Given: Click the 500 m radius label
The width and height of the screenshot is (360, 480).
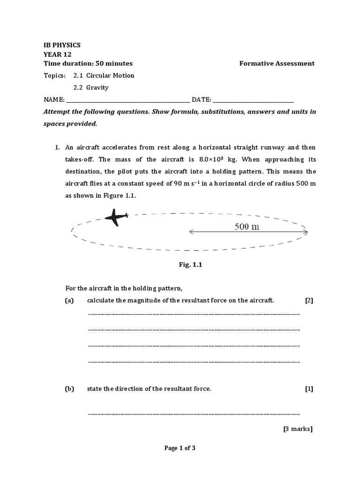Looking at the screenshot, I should click(x=247, y=227).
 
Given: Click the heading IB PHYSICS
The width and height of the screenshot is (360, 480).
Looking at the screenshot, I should click(x=62, y=45).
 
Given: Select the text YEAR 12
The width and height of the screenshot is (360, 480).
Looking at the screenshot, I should click(x=56, y=54).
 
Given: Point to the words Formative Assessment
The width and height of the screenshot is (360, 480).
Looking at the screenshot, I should click(x=277, y=64).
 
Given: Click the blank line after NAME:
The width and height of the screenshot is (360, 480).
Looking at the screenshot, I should click(x=127, y=100).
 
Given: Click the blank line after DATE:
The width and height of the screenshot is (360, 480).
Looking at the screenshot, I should click(x=253, y=100).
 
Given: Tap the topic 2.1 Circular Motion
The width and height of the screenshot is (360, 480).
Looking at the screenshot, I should click(x=104, y=75).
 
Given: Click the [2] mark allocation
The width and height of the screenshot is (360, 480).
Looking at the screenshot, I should click(x=308, y=300).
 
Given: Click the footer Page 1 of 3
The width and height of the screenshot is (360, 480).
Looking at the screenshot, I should click(x=180, y=448).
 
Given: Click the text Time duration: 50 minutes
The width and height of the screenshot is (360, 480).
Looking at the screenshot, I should click(x=88, y=64).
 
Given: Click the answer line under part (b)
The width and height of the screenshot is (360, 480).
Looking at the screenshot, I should click(x=194, y=414).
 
